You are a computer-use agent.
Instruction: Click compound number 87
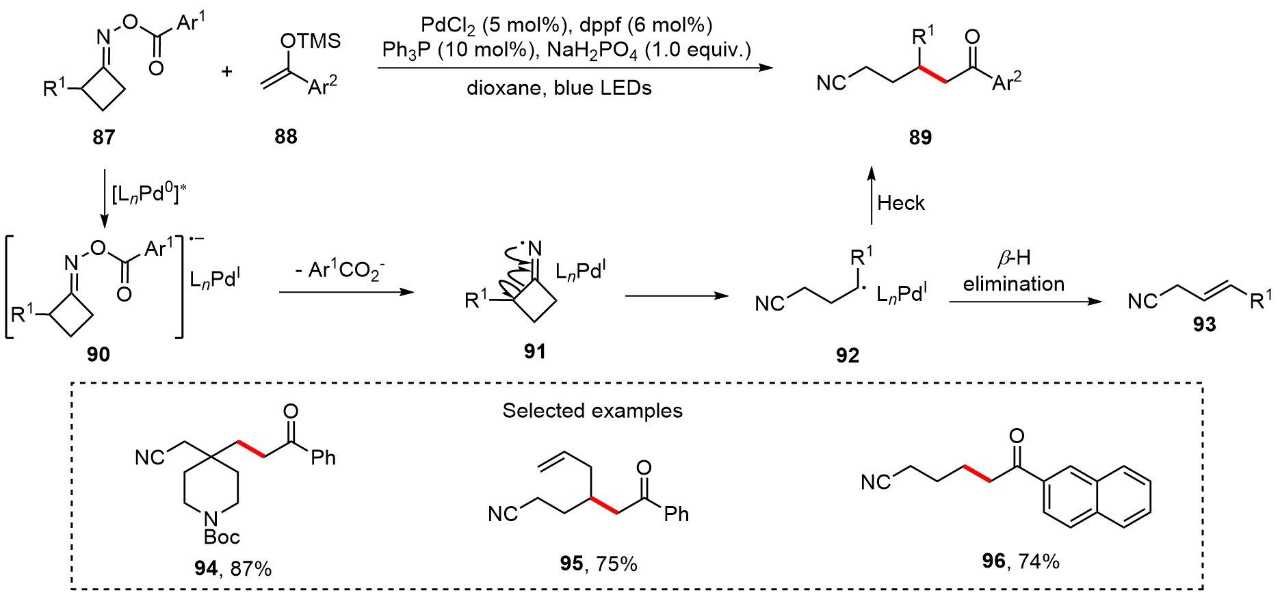click(104, 137)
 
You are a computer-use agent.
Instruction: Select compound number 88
click(286, 137)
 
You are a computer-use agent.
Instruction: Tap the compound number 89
click(920, 137)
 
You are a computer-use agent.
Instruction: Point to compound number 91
click(535, 351)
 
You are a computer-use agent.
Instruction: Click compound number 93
click(1204, 324)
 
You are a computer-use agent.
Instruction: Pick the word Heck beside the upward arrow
click(901, 203)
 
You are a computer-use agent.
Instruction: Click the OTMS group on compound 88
click(310, 41)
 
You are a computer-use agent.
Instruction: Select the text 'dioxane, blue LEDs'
click(559, 88)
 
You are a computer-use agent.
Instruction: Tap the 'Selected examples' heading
click(592, 410)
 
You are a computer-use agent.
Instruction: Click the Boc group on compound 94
click(221, 537)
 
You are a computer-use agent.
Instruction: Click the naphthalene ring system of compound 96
click(1097, 498)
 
